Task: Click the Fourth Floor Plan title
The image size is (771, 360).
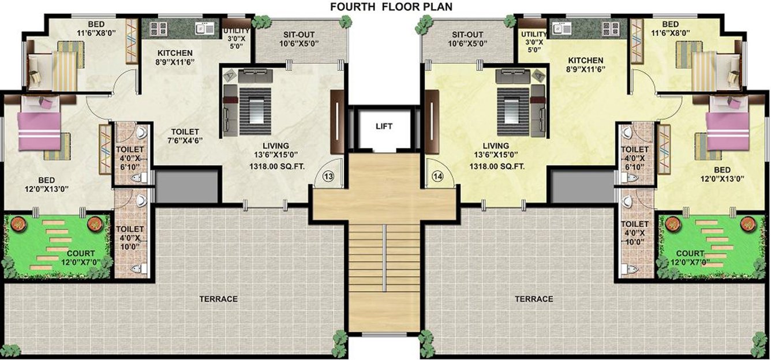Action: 391,7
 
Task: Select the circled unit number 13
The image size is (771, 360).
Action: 328,177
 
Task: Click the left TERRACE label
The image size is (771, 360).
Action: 218,299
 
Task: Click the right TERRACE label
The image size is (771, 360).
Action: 534,299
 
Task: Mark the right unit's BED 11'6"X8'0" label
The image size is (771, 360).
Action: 670,29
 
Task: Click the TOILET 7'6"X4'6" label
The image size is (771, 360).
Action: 185,136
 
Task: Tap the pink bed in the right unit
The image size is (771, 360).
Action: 728,129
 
